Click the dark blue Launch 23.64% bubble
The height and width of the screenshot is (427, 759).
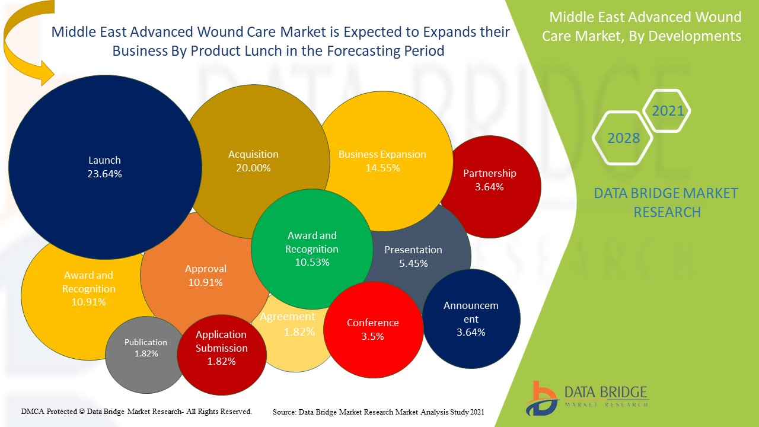104,167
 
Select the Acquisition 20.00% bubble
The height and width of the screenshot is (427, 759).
253,161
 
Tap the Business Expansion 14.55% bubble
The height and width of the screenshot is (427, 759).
382,161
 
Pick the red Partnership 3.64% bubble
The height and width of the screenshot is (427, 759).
490,180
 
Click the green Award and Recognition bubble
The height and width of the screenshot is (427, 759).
312,249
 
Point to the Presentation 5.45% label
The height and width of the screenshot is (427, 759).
413,256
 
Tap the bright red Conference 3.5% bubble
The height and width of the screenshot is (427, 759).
373,329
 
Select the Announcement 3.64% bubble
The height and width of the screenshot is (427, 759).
471,319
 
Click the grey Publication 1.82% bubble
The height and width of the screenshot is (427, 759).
146,348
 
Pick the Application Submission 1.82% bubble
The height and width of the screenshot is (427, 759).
221,349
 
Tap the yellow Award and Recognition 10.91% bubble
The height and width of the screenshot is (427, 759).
88,288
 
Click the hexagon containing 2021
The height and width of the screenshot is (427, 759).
667,111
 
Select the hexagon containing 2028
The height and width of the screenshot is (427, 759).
623,138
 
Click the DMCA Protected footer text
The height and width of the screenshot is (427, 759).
136,411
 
